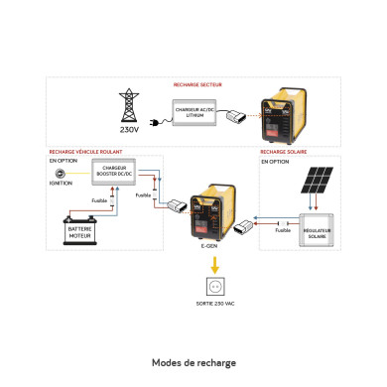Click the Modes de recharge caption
click(193, 363)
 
